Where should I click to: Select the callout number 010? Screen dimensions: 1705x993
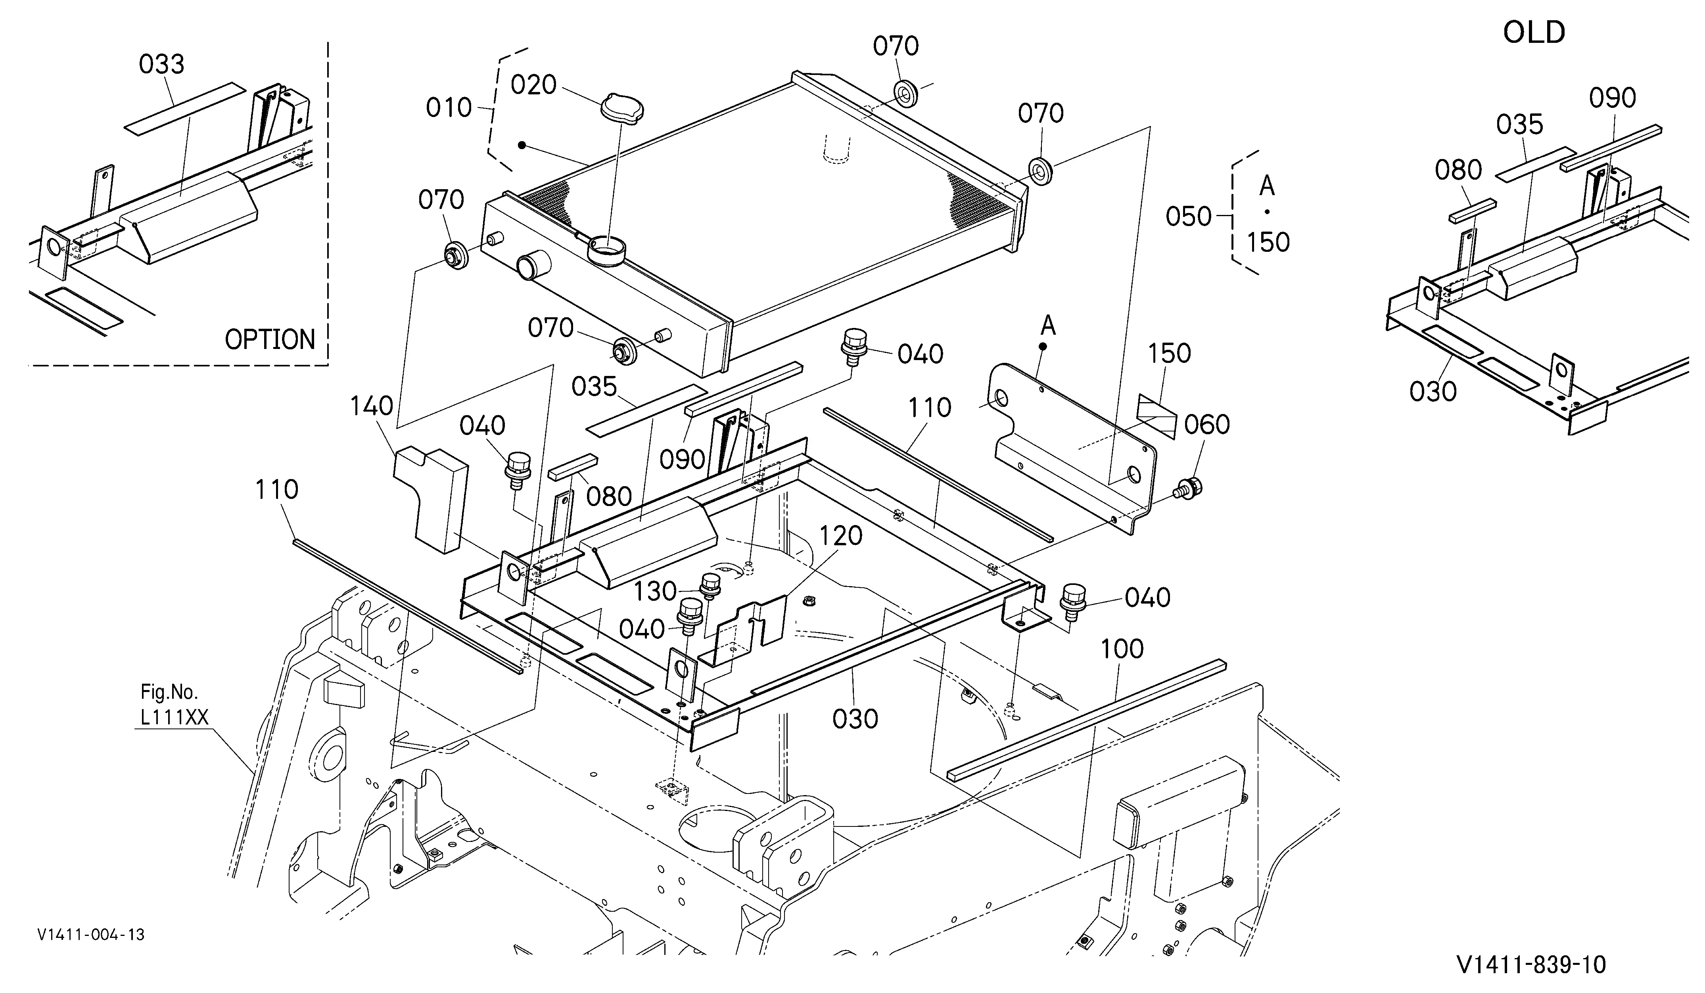(449, 107)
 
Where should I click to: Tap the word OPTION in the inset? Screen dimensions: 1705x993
(270, 339)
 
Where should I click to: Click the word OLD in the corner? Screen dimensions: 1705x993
(1534, 32)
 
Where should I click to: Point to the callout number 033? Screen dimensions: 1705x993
(162, 64)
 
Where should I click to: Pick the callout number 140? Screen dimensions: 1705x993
(372, 406)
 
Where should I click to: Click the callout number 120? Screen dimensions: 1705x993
(841, 536)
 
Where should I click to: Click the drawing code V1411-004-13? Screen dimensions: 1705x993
(91, 935)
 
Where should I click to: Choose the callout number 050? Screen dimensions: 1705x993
(1189, 217)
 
